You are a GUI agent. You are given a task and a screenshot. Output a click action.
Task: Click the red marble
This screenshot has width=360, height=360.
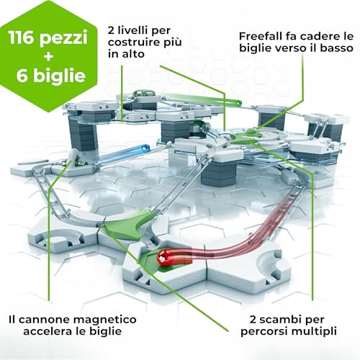(163, 257)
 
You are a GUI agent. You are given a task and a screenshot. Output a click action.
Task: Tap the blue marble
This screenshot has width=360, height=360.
(145, 148)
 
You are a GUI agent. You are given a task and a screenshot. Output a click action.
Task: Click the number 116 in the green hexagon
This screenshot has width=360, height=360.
(22, 37)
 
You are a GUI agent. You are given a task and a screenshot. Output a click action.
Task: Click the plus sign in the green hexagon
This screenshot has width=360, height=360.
(48, 57)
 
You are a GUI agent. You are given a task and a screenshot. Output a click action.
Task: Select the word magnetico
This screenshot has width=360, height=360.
(105, 320)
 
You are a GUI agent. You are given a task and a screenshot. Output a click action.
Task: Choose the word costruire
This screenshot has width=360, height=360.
(132, 42)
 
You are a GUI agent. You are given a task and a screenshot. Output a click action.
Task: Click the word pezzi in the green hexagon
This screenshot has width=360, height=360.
(63, 39)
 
